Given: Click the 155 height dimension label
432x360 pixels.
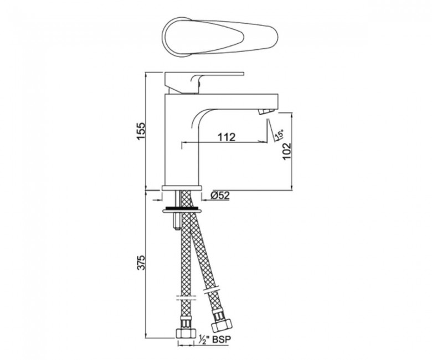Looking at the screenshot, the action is point(141,131).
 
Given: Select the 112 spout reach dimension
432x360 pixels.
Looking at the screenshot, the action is point(227,137).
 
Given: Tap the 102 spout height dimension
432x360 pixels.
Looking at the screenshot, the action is point(287,151).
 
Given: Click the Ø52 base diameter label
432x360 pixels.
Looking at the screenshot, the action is point(220,196).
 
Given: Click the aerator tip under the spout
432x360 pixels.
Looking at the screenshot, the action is point(266,111).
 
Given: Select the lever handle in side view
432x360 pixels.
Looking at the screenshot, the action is point(204,83).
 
